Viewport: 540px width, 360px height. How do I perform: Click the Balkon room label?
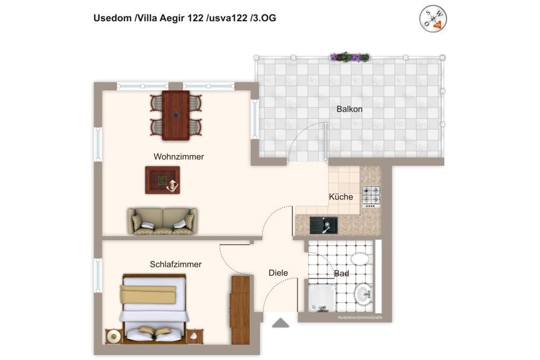[349, 109]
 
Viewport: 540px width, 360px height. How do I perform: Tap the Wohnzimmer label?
[178, 157]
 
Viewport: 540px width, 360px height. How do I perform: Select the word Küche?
[341, 197]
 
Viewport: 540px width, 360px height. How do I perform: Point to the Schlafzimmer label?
[175, 264]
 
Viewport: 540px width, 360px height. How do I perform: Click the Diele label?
[278, 273]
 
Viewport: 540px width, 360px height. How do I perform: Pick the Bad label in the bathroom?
[342, 273]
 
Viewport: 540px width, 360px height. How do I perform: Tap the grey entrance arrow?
[280, 323]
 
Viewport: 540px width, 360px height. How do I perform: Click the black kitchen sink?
[323, 225]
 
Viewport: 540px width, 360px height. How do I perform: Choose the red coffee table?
[162, 180]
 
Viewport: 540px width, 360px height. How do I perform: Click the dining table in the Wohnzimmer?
[175, 115]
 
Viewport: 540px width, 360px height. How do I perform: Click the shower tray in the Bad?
[322, 298]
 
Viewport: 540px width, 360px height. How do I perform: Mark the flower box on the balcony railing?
[350, 57]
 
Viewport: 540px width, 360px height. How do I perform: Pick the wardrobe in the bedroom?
[240, 310]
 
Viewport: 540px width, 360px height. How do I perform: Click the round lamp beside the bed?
[113, 336]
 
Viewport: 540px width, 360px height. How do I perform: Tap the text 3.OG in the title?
[264, 18]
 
